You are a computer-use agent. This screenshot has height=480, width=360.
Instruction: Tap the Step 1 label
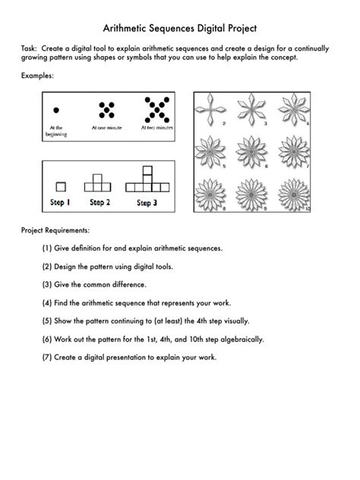(58, 203)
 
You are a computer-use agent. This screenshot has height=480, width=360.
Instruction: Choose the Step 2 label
(99, 203)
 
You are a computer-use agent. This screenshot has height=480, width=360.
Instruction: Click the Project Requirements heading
(56, 229)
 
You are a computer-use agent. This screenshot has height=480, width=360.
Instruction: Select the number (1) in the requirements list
(48, 248)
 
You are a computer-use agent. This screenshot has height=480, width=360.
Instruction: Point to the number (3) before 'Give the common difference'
(48, 285)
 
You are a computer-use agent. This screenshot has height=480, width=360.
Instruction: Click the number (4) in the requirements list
(48, 302)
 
